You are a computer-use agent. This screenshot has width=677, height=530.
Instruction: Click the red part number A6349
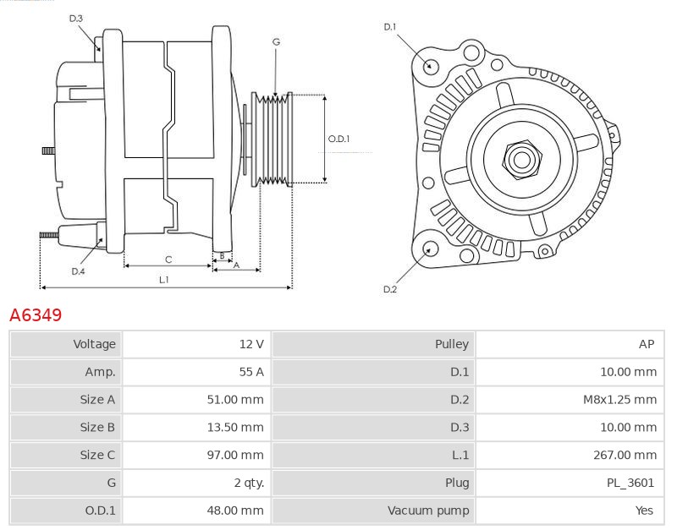36,315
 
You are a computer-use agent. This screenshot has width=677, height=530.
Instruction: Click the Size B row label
97,428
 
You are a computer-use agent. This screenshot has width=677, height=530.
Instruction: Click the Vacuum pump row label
428,511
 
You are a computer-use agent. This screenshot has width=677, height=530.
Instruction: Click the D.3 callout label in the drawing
76,19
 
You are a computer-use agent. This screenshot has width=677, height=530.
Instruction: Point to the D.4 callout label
78,271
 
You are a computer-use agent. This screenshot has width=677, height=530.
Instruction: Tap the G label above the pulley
276,41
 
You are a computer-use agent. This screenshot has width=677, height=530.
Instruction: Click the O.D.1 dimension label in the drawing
339,139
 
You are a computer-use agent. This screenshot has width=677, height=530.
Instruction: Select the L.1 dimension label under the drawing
164,279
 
